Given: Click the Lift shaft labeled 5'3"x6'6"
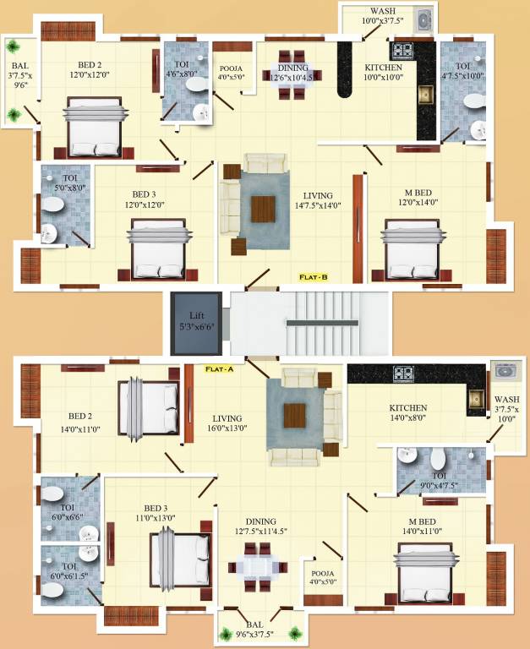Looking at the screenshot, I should [196, 324].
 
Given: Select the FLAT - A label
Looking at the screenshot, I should [222, 368].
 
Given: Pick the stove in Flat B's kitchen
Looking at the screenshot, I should [400, 49].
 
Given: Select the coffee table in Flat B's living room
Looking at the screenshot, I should [263, 208].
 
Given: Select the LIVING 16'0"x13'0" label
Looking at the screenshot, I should [228, 423].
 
